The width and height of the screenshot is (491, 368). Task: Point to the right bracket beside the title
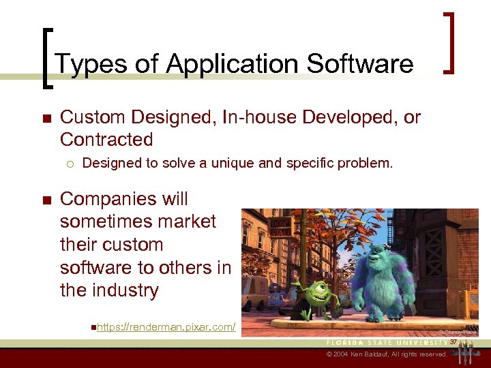tap(450, 42)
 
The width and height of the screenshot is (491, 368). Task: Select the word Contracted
tap(106, 140)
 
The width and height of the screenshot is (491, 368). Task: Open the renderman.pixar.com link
tap(166, 328)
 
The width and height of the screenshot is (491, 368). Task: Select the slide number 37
tap(453, 333)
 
